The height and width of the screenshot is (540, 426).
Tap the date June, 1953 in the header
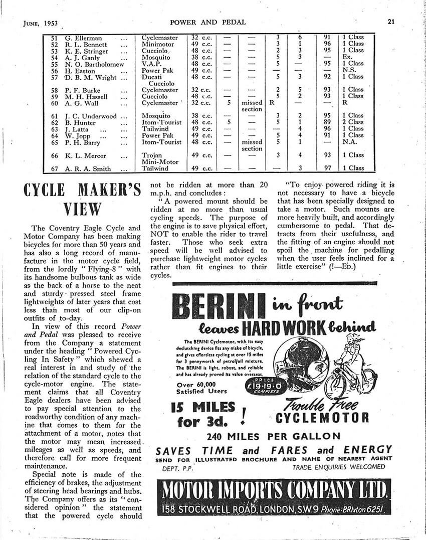coord(41,23)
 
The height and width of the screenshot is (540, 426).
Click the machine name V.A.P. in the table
coord(151,64)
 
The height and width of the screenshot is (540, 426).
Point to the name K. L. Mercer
coord(81,155)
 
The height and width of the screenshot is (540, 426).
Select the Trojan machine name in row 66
coord(152,155)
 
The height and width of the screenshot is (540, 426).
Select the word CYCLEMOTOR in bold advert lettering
coord(322,418)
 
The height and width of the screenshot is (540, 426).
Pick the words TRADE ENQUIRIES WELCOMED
coord(338,467)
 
